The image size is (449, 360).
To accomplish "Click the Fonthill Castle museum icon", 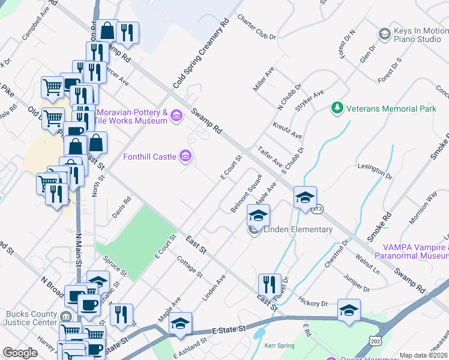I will (185, 157).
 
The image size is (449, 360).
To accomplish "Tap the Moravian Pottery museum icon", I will (176, 115).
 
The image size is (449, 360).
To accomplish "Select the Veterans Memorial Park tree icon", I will (337, 109).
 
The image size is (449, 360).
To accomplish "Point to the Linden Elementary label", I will (297, 229).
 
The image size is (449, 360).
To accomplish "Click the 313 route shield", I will (317, 209).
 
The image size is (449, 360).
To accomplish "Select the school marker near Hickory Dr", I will (349, 310).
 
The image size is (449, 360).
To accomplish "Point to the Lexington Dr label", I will (375, 170).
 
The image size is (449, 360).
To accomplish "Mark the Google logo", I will (20, 353).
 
